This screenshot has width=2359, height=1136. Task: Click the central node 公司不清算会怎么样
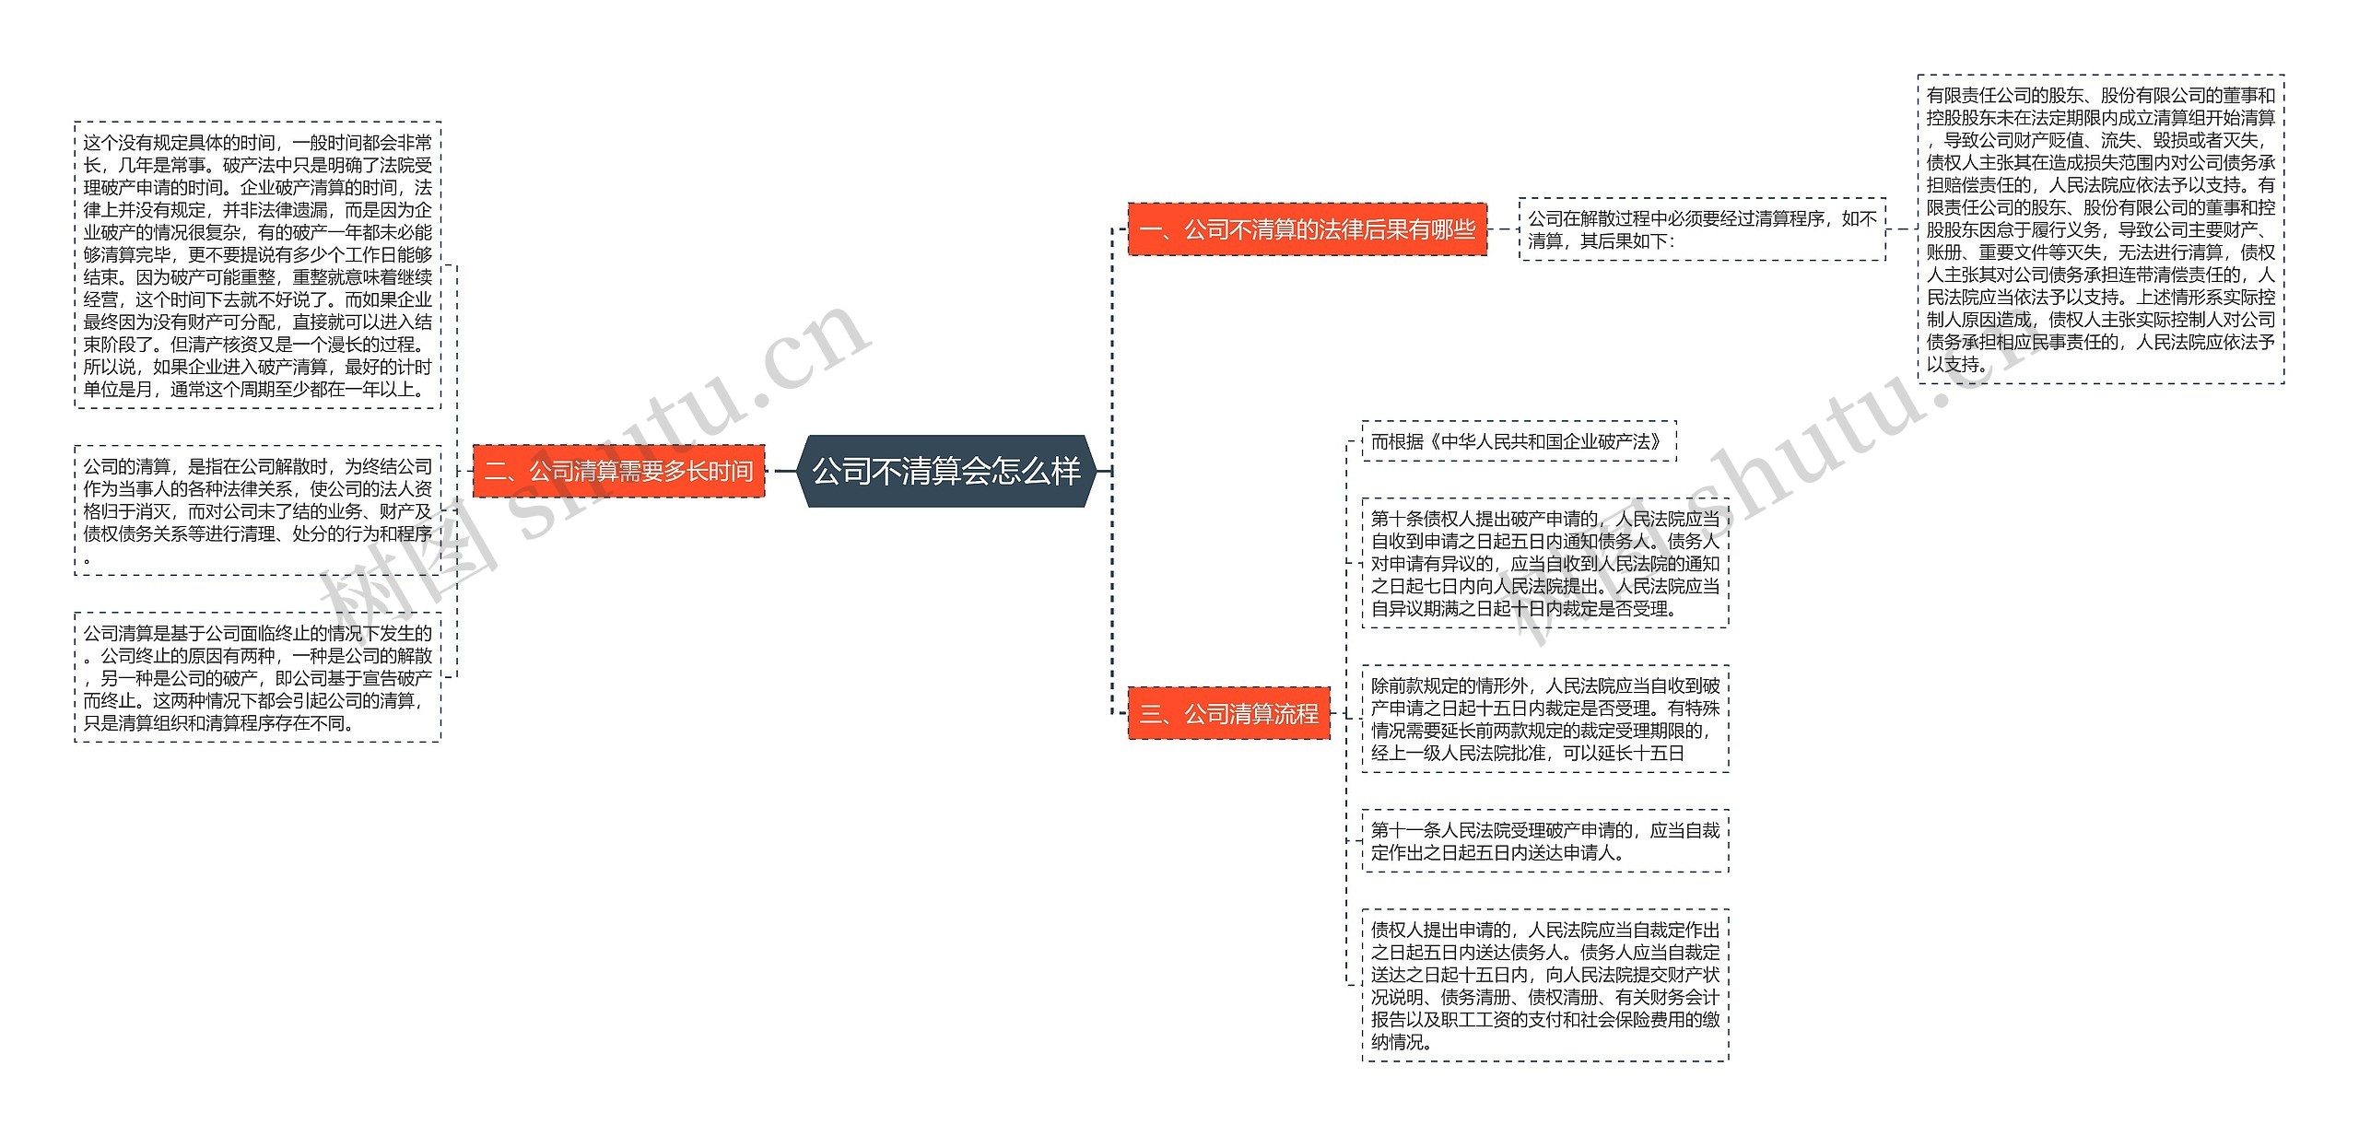pyautogui.click(x=945, y=471)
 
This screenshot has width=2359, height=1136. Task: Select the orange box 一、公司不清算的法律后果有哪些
pyautogui.click(x=1307, y=228)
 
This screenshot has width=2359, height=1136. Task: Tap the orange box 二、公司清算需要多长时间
pyautogui.click(x=618, y=471)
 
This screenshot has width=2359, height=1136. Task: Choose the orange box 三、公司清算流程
pyautogui.click(x=1228, y=713)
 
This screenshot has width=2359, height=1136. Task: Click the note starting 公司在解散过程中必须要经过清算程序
pyautogui.click(x=1701, y=229)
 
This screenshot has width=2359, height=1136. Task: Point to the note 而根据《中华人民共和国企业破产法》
pyautogui.click(x=1518, y=441)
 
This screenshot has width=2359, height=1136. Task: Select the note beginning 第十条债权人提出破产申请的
pyautogui.click(x=1544, y=563)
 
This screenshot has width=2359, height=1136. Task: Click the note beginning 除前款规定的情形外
pyautogui.click(x=1544, y=719)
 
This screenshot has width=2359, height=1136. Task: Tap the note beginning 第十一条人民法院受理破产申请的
pyautogui.click(x=1544, y=841)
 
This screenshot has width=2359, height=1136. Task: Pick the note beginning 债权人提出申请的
pyautogui.click(x=1544, y=985)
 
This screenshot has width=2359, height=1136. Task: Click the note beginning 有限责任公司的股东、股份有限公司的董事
pyautogui.click(x=2100, y=229)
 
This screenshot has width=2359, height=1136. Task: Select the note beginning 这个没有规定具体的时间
pyautogui.click(x=257, y=265)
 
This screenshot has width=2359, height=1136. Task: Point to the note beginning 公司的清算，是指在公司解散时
pyautogui.click(x=257, y=510)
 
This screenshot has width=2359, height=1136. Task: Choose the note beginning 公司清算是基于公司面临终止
pyautogui.click(x=257, y=677)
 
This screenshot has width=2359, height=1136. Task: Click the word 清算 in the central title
pyautogui.click(x=930, y=471)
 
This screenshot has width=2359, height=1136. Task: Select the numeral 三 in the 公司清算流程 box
pyautogui.click(x=1150, y=714)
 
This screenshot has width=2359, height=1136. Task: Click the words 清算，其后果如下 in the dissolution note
pyautogui.click(x=1598, y=241)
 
